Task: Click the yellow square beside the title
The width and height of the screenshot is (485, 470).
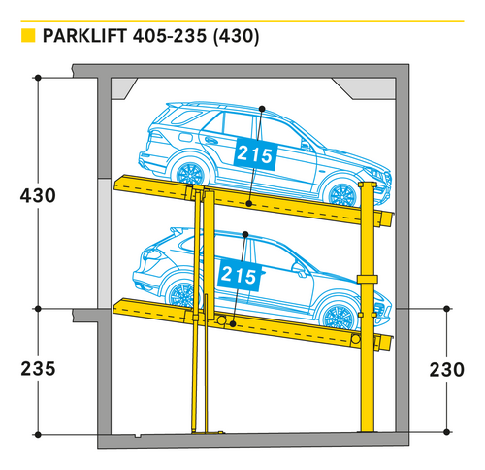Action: click(x=28, y=35)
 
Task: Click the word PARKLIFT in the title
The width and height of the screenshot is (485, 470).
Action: click(x=84, y=36)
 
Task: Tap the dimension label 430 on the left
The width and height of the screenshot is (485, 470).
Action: click(x=38, y=195)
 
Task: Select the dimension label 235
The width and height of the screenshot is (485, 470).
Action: click(x=38, y=369)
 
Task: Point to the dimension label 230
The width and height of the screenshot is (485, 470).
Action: click(x=446, y=370)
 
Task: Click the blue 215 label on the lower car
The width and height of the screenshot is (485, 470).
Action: click(x=240, y=275)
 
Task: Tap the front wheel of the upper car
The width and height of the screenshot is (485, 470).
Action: click(x=342, y=195)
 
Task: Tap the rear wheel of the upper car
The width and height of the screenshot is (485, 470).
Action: click(x=190, y=174)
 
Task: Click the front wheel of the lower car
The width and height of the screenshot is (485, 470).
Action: click(x=339, y=317)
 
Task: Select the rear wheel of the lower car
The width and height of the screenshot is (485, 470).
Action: click(x=181, y=295)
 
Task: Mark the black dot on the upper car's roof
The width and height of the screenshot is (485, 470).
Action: click(x=262, y=109)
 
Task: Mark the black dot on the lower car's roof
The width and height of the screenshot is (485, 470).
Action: click(x=245, y=234)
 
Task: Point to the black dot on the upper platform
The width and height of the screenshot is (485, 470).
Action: click(x=248, y=203)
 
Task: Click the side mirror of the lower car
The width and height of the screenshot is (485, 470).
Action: click(x=299, y=269)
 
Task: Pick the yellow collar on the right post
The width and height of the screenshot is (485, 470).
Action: click(x=368, y=279)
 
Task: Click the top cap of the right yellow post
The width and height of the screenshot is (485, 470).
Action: click(x=368, y=185)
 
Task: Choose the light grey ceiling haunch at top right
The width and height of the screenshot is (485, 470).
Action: click(x=365, y=88)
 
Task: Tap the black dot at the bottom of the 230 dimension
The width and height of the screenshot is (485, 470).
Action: click(x=446, y=432)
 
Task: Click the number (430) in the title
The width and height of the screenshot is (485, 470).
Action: click(x=236, y=36)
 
